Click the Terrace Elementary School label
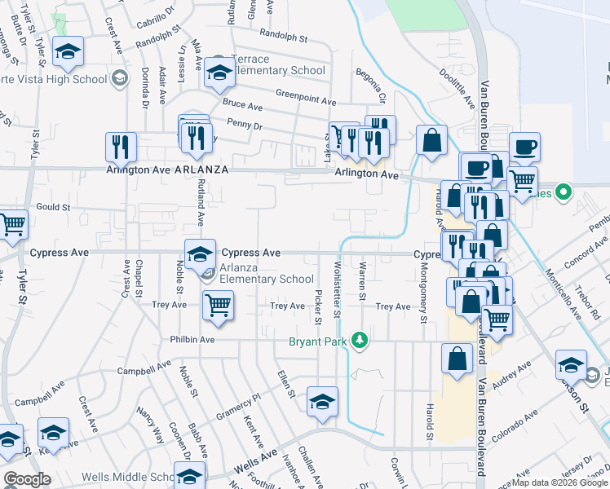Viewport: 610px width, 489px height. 281,70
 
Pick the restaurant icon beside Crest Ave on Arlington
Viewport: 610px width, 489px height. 120,147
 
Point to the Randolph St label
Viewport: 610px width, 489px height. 283,36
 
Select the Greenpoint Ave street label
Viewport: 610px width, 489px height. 306,101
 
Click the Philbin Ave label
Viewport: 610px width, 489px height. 192,339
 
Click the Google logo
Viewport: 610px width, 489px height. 27,479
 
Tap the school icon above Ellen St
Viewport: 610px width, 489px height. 322,402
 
